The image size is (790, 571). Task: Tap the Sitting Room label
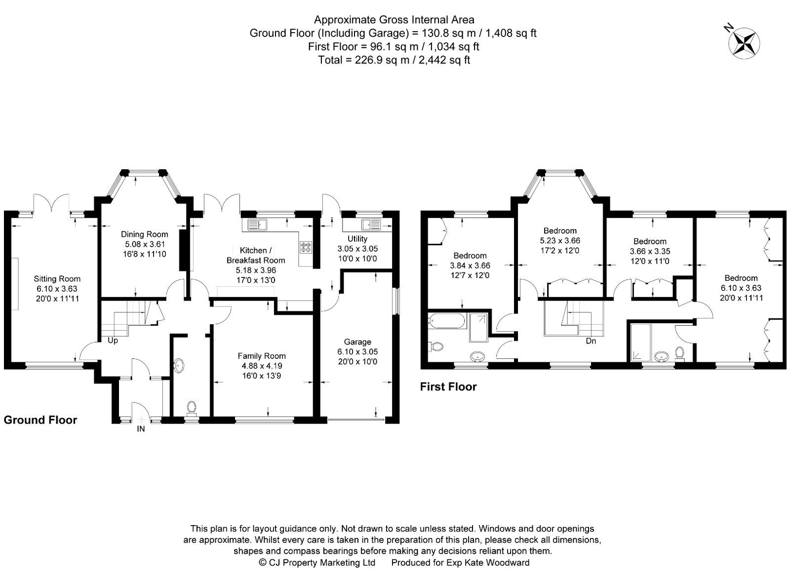coord(57,279)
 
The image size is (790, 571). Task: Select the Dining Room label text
coord(144,234)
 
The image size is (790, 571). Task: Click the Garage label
coord(357,342)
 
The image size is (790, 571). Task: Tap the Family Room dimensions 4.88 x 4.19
coord(262,366)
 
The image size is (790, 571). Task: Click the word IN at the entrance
coord(141,429)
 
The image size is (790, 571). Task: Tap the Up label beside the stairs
coord(113,341)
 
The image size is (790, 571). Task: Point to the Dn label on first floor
coord(591,341)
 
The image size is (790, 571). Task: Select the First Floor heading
coord(448,387)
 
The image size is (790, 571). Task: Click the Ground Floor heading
coord(40,420)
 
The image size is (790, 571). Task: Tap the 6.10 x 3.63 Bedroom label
coord(741,283)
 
